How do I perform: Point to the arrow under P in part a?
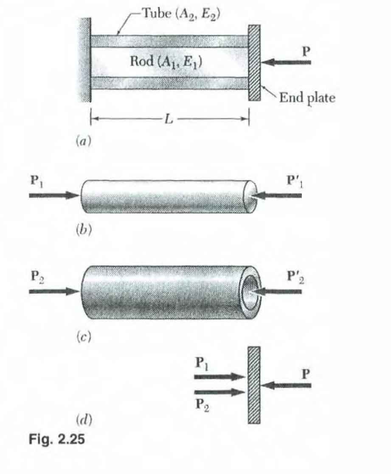coord(287,62)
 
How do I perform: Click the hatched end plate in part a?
coord(254,62)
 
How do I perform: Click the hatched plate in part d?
coord(254,384)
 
